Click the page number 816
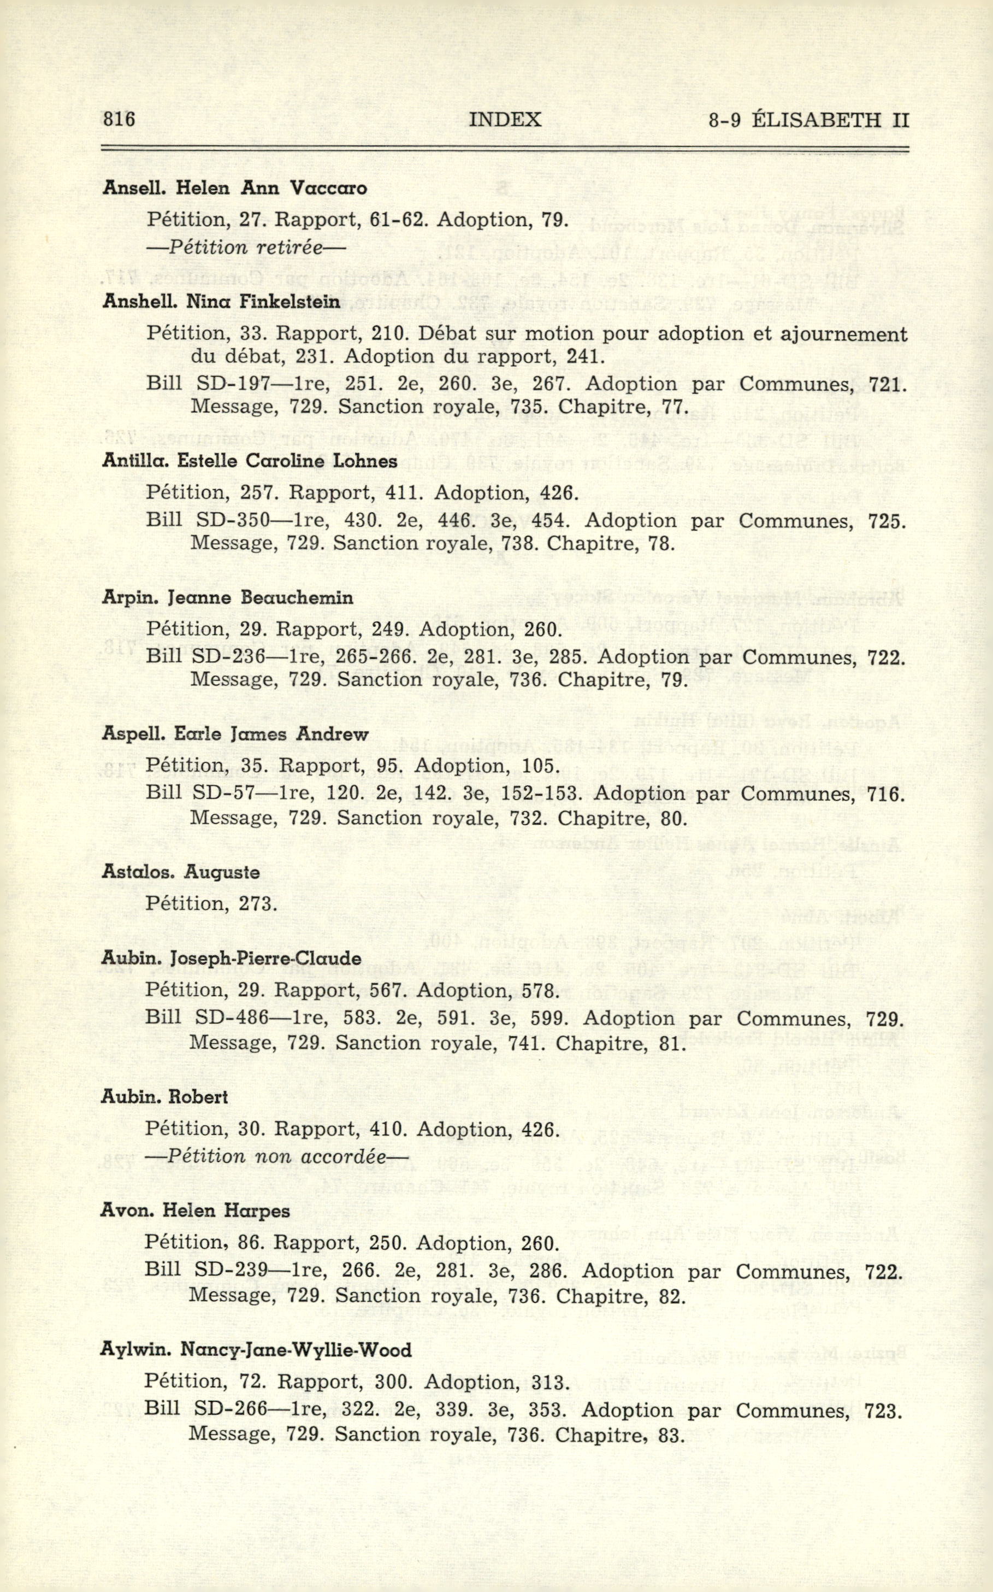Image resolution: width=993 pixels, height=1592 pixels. coord(119,120)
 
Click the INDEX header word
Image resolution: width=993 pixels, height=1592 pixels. coord(506,120)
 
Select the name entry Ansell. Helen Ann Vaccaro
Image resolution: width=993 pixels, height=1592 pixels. coord(234,189)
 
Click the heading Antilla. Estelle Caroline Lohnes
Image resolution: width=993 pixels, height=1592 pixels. coord(250,461)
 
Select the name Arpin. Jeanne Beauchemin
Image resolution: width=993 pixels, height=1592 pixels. coord(227,598)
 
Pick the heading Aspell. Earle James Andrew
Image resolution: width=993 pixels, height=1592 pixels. coord(235,735)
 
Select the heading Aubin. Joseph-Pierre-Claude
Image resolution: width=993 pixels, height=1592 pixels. coord(231,959)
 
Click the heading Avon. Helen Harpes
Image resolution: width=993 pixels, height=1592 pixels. coord(195,1211)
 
